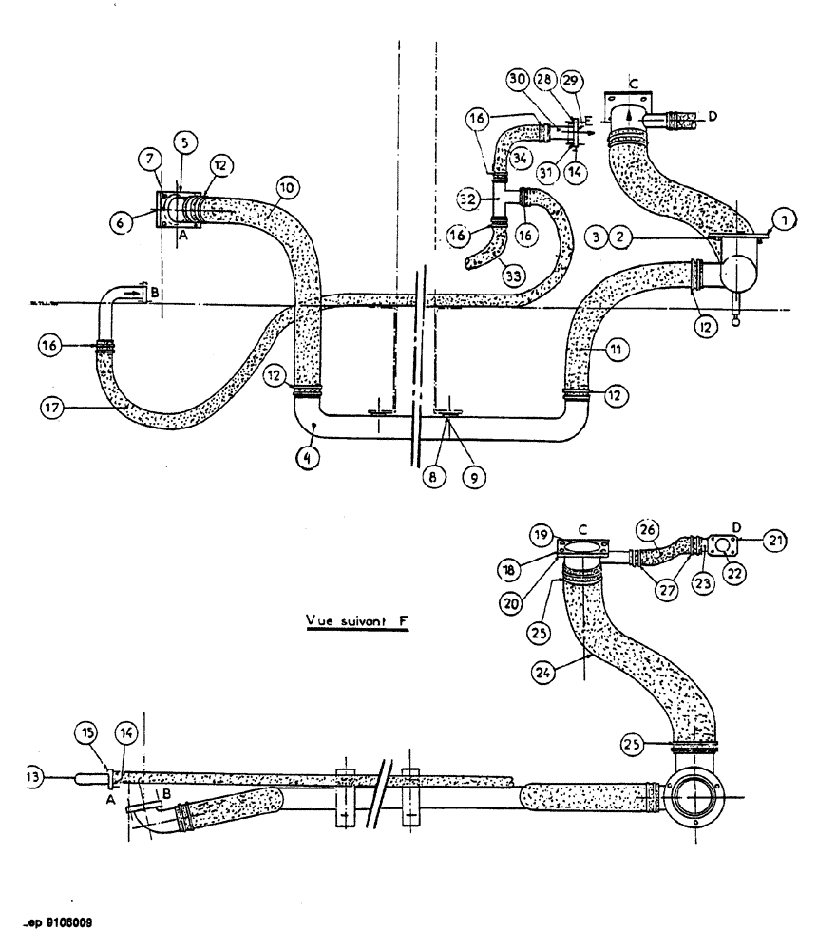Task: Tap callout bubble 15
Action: [x=87, y=732]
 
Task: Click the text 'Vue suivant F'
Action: [x=351, y=621]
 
